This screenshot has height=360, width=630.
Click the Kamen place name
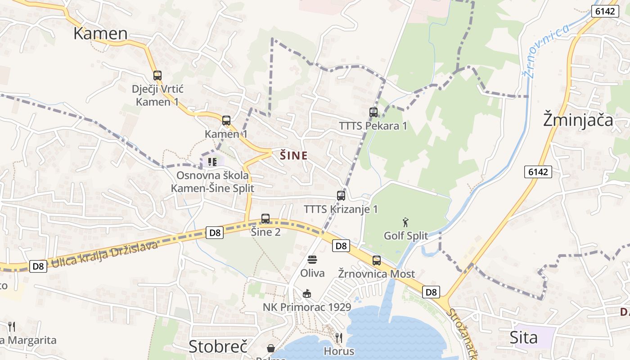tap(100, 33)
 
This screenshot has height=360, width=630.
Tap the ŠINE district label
tap(294, 156)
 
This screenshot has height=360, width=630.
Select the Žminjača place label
tap(578, 120)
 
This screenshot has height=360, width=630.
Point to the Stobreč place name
tap(218, 346)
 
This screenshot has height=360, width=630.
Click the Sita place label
tap(523, 337)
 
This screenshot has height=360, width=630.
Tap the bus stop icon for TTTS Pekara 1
tap(373, 112)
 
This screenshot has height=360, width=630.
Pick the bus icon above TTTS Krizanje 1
tap(341, 196)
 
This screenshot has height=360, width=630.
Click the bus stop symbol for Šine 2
tap(265, 219)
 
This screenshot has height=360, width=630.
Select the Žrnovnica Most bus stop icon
tap(377, 261)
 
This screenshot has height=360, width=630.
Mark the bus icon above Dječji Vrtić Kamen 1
tap(157, 76)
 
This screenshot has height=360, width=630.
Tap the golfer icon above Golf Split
tap(405, 222)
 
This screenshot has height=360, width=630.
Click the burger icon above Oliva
tap(312, 260)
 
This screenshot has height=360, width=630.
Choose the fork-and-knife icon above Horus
tap(339, 337)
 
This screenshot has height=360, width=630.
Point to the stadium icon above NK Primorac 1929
tap(307, 294)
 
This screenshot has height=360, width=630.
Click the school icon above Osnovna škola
tap(212, 162)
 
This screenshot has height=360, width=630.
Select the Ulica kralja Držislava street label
tap(104, 255)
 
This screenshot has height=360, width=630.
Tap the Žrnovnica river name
tap(547, 49)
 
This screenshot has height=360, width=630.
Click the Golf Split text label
tap(406, 235)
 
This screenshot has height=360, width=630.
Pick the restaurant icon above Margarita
tap(12, 327)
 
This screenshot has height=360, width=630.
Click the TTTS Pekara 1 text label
tap(373, 126)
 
